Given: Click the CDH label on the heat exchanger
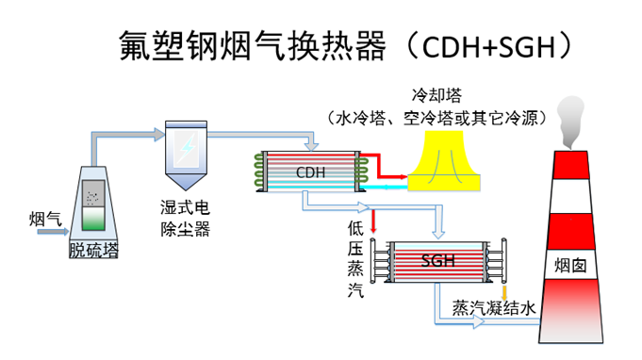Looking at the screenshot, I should (x=310, y=172).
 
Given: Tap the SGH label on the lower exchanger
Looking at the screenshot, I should (x=436, y=260).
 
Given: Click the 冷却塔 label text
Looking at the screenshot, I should (x=435, y=96).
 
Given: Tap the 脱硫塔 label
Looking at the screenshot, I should (x=93, y=250).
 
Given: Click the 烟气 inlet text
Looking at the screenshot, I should (x=45, y=219).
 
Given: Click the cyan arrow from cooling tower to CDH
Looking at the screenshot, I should (x=387, y=187).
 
